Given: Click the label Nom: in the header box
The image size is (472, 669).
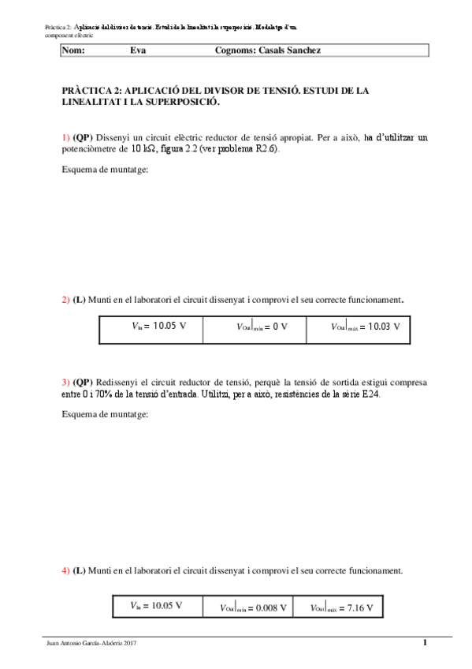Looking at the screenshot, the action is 72,50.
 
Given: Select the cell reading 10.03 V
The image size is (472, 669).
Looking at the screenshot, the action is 358,326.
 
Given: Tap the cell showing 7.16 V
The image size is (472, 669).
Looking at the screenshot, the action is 341,607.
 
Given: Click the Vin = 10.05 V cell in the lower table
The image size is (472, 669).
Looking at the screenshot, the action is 156,606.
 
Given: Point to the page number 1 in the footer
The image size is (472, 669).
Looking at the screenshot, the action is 425,643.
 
